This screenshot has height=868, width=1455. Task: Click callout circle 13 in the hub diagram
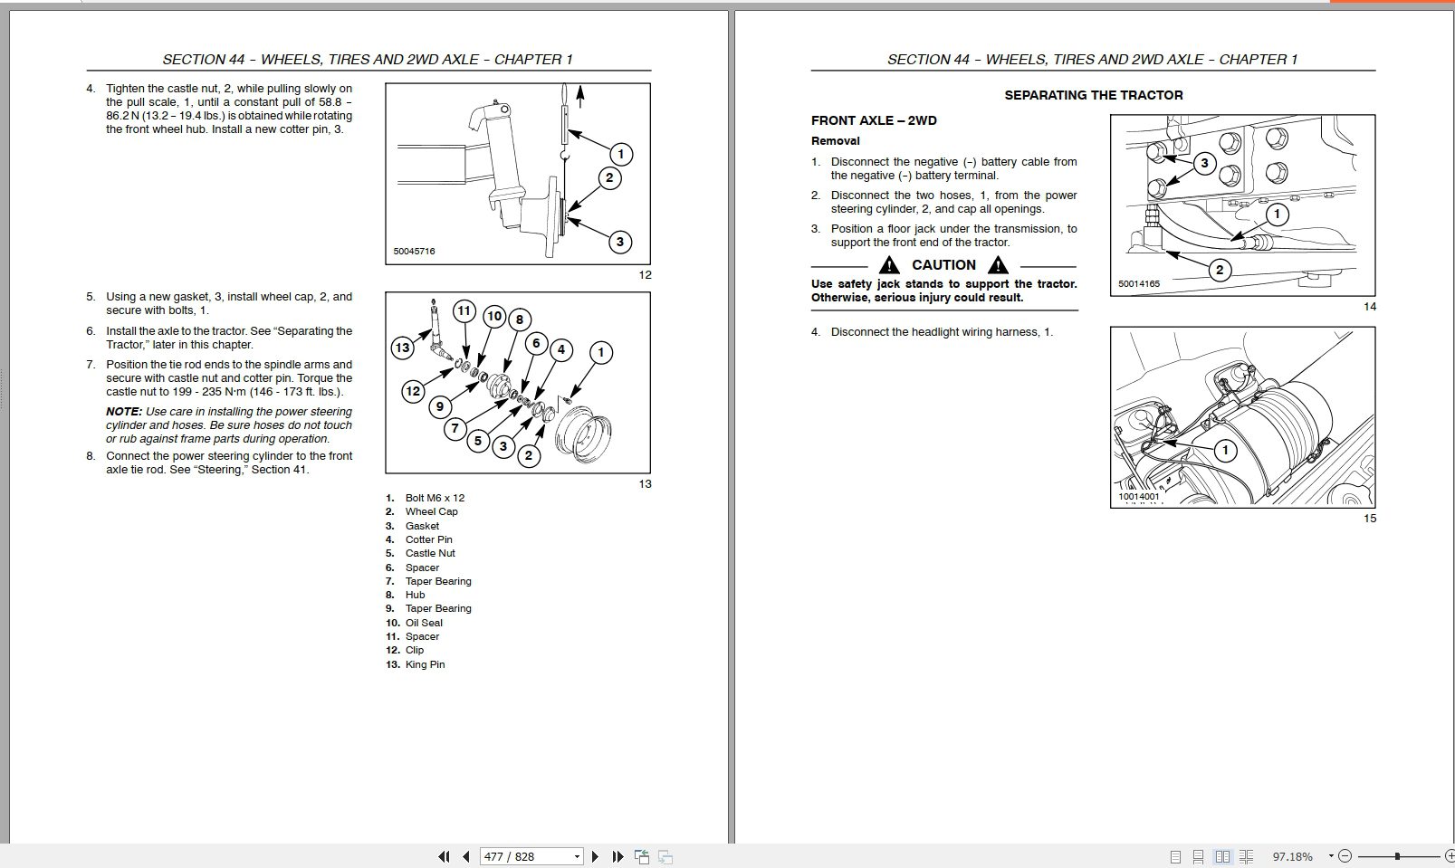point(402,348)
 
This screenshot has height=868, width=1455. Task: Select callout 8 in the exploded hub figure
point(519,319)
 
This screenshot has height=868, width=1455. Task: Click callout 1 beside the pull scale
point(620,154)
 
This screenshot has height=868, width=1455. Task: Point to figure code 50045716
point(414,251)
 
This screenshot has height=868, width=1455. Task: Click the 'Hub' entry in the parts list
point(415,595)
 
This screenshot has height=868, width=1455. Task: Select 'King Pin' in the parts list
point(425,664)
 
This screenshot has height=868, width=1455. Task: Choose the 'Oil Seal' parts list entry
point(424,623)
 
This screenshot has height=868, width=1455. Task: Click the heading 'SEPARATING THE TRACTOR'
point(1093,95)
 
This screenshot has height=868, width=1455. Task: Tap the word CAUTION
point(943,265)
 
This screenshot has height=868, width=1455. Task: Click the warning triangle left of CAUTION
point(890,265)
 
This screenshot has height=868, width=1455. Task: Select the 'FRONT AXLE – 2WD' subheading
point(874,120)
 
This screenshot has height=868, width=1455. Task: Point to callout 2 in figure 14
point(1220,270)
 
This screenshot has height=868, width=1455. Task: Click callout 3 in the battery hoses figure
point(1203,164)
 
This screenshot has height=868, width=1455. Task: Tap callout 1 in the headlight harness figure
point(1225,450)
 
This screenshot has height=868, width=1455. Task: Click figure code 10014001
point(1138,496)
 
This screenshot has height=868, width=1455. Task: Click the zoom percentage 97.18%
point(1292,856)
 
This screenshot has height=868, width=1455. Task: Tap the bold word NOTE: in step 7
point(124,412)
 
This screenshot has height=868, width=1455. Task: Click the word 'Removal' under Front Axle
point(835,141)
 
